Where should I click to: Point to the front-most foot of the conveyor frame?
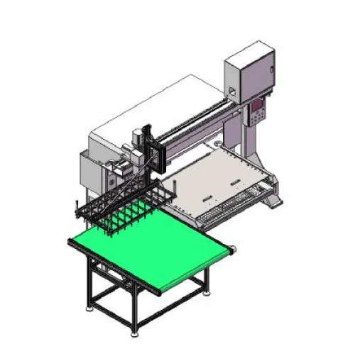(136, 328)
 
